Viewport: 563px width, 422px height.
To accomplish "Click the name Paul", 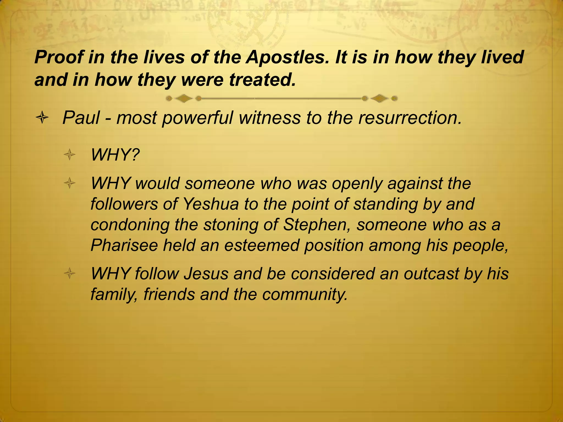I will point(81,118).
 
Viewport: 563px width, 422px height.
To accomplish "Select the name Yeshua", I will point(211,204).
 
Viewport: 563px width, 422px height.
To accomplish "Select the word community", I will point(305,294).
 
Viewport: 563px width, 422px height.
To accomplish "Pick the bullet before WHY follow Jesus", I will point(70,274).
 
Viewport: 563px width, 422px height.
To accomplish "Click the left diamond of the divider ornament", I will point(184,98).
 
